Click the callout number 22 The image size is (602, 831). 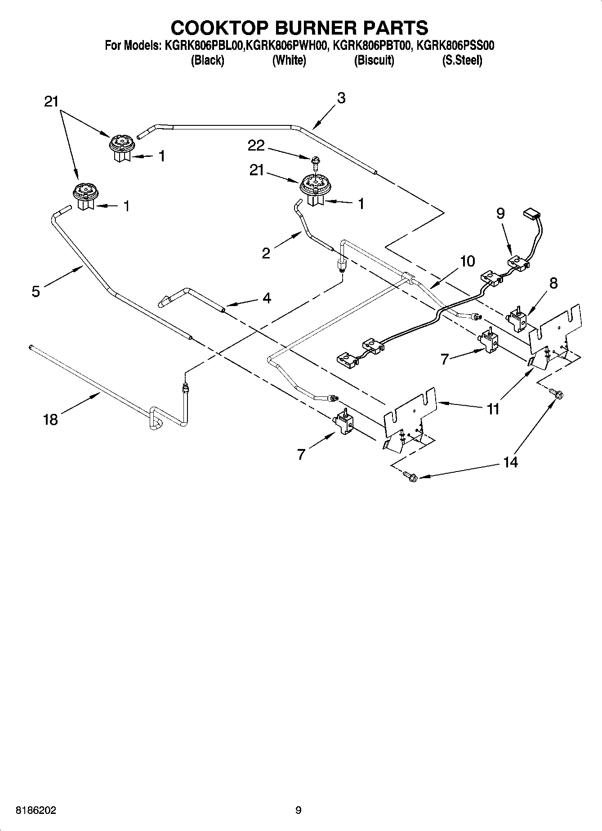pos(256,145)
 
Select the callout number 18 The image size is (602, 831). pos(50,420)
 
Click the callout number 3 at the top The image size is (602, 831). pos(341,98)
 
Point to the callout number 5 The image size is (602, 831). pos(36,291)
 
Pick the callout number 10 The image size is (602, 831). pos(468,261)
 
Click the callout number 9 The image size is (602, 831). pos(500,213)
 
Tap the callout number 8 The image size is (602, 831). pos(553,283)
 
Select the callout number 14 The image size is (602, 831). pos(511,462)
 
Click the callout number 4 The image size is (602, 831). pos(267,298)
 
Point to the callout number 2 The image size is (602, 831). pos(266,253)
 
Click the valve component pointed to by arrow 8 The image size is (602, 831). pos(517,320)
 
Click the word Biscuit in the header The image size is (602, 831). pos(374,60)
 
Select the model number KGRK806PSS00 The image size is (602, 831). pos(455,45)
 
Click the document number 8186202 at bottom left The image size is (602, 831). pos(36,811)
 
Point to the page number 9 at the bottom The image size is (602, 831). pos(299,811)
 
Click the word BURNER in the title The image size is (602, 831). pos(310,27)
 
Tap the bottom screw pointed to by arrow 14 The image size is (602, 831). pos(410,476)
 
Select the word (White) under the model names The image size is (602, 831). pos(289,60)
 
